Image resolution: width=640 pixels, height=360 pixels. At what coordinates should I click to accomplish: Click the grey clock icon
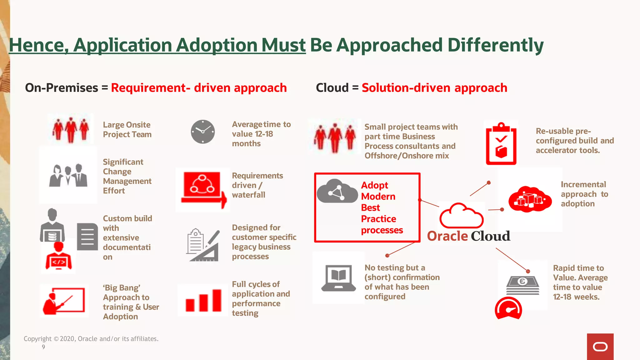[203, 132]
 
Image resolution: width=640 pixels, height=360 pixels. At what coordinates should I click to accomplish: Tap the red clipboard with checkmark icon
[501, 144]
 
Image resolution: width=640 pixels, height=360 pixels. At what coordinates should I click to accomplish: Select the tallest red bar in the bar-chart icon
[217, 300]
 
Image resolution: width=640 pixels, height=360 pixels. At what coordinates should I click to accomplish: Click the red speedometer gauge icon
[508, 309]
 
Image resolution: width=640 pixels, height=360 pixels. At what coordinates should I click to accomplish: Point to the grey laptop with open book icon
[338, 278]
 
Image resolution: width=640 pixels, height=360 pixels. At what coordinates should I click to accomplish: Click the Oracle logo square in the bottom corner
[600, 347]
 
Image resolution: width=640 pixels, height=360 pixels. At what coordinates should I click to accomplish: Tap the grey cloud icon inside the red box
[337, 191]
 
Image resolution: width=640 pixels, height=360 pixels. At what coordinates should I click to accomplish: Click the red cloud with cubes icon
[530, 199]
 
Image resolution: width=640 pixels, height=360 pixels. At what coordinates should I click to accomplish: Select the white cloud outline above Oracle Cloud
[461, 216]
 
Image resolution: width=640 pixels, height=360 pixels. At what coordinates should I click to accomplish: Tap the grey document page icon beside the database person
[87, 237]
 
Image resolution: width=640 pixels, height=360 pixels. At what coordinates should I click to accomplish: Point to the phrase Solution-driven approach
[434, 88]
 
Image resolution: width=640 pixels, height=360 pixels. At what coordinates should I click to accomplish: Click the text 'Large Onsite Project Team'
[127, 129]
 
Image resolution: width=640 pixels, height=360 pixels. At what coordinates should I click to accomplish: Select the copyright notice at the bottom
[91, 339]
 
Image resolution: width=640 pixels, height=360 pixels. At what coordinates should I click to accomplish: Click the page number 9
[43, 347]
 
